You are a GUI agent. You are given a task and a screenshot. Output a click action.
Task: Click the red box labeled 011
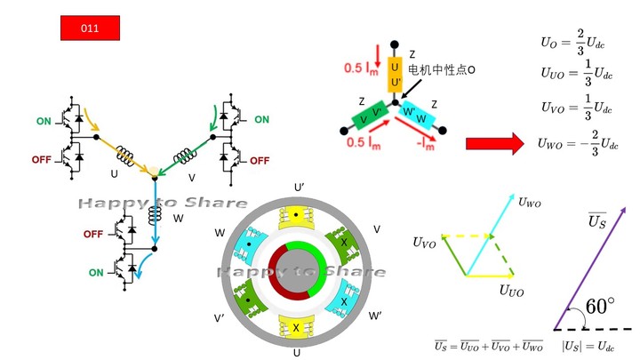click(x=89, y=28)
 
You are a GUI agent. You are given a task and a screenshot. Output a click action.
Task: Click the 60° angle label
click(x=599, y=307)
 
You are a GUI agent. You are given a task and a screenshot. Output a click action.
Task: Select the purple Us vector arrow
click(x=591, y=267)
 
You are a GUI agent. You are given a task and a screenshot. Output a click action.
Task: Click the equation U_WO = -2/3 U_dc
click(x=577, y=142)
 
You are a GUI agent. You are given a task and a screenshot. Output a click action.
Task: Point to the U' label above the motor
click(x=300, y=187)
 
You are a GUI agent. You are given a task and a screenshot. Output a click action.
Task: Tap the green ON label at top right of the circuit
click(x=261, y=120)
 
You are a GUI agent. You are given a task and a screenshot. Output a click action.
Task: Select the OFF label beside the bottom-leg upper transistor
click(x=93, y=234)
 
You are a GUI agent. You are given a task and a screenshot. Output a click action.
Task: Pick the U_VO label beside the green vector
click(x=425, y=241)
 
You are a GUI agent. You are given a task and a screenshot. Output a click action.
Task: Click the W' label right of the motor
click(x=376, y=316)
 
